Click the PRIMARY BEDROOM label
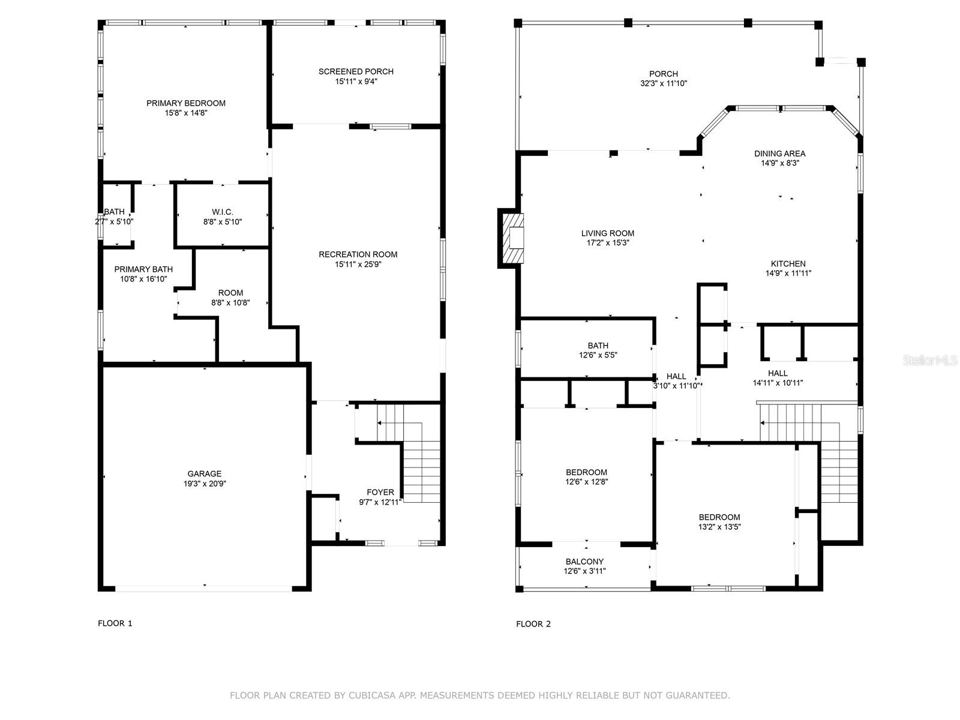[x=186, y=103]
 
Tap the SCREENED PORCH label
[x=356, y=71]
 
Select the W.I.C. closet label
[x=222, y=212]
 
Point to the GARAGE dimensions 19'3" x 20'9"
[x=204, y=484]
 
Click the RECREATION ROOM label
[x=358, y=254]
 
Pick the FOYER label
[x=380, y=492]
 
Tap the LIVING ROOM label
[x=607, y=233]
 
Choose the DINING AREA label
[x=780, y=154]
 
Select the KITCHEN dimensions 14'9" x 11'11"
[x=788, y=273]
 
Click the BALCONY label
[x=584, y=562]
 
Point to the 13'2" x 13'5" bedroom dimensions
[x=719, y=527]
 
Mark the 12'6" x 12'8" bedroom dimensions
[x=586, y=482]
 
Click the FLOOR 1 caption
[x=115, y=623]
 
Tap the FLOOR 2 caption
[x=533, y=624]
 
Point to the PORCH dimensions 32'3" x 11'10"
[x=664, y=83]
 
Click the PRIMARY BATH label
[x=143, y=269]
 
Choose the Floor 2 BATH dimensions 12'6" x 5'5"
[x=598, y=355]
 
